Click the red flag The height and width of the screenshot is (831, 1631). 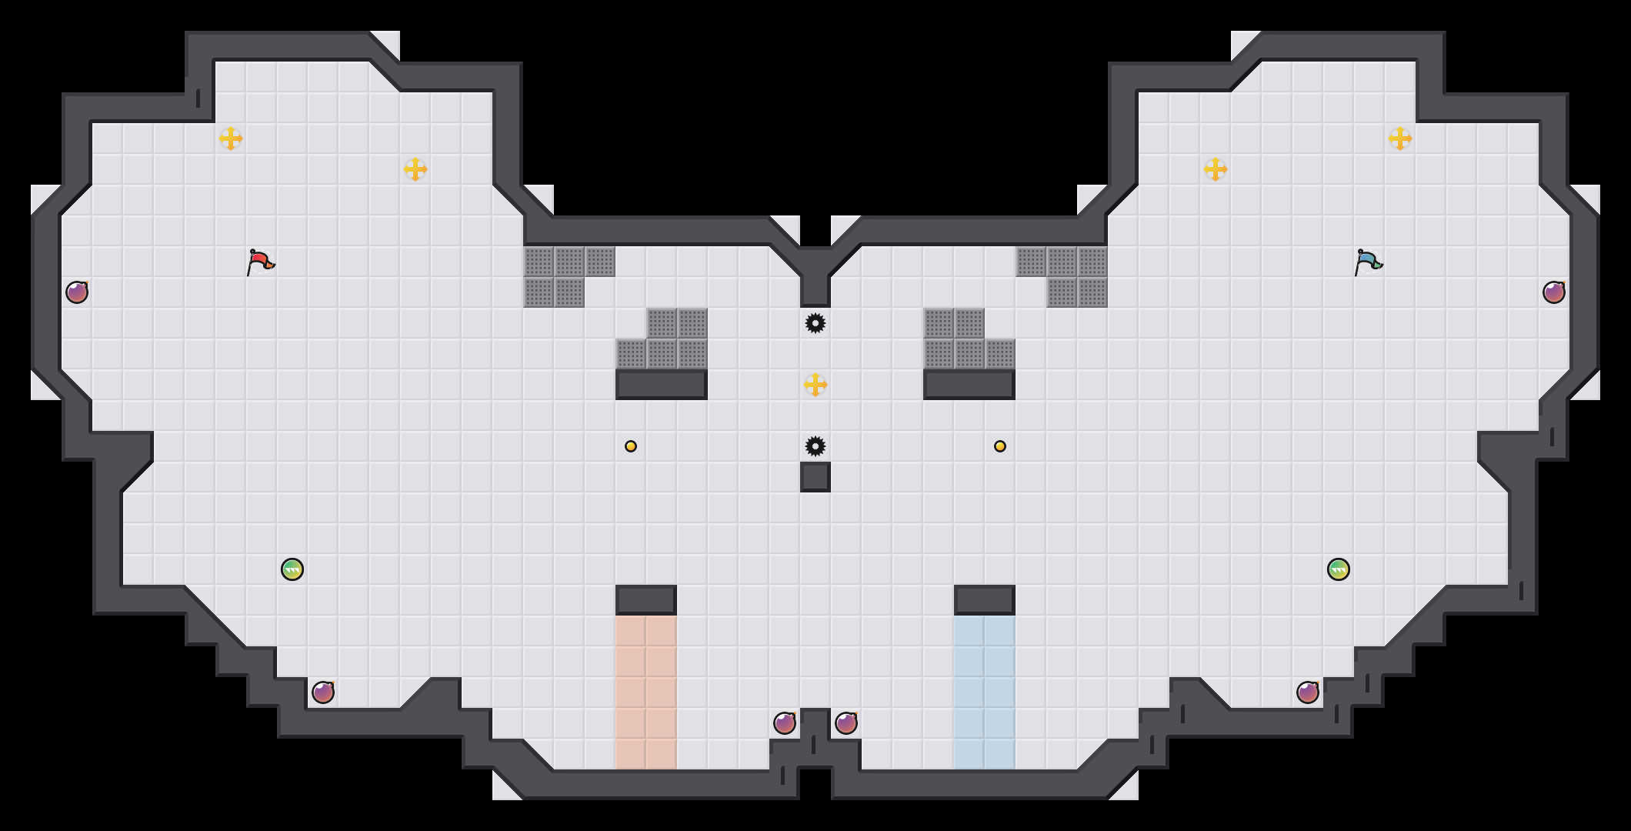260,262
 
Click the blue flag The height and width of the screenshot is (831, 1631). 1368,262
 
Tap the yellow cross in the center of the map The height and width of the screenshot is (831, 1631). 815,385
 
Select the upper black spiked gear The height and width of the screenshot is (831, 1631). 815,323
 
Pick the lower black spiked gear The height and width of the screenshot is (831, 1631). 815,446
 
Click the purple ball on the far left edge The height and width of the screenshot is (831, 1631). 77,292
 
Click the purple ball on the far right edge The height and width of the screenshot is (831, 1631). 1554,292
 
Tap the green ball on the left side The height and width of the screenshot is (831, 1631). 292,569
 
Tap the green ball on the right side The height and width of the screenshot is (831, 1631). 1339,569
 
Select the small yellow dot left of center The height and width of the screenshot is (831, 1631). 631,446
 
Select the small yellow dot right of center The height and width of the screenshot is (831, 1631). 1000,446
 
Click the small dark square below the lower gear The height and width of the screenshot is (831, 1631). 815,477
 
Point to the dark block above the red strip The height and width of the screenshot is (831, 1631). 646,600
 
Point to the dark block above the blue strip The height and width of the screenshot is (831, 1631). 985,600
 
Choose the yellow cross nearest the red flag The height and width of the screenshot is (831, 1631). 231,138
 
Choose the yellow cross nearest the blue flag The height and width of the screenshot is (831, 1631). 1400,138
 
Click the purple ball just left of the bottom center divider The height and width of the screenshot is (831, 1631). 785,723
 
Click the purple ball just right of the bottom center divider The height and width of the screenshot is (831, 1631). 846,723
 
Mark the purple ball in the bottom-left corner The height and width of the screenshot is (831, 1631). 323,692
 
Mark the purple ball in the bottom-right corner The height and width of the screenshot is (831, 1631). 1308,692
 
